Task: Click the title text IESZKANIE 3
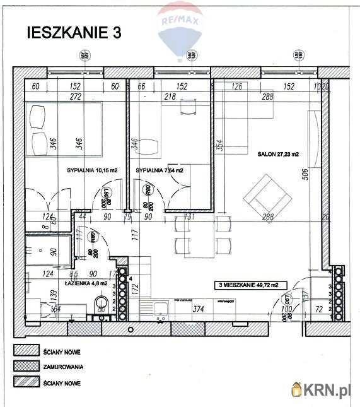(x=73, y=33)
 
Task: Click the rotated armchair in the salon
(x=267, y=196)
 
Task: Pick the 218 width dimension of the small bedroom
(x=170, y=97)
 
